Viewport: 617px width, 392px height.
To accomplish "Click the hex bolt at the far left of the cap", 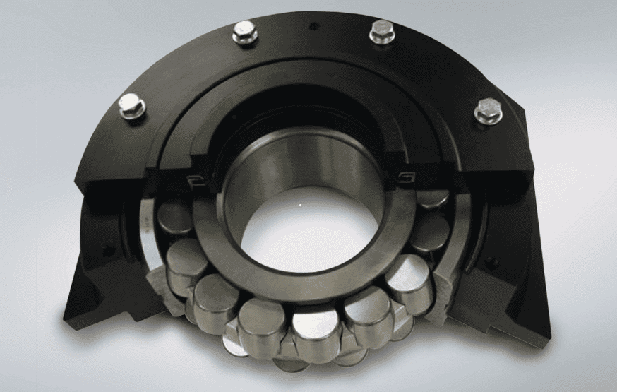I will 132,106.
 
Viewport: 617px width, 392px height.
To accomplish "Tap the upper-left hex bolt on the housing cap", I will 244,32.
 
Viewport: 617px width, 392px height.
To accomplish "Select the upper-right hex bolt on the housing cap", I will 381,31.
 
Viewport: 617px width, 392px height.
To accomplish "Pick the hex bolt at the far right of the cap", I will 488,111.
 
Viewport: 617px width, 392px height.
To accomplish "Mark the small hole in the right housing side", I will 493,263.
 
